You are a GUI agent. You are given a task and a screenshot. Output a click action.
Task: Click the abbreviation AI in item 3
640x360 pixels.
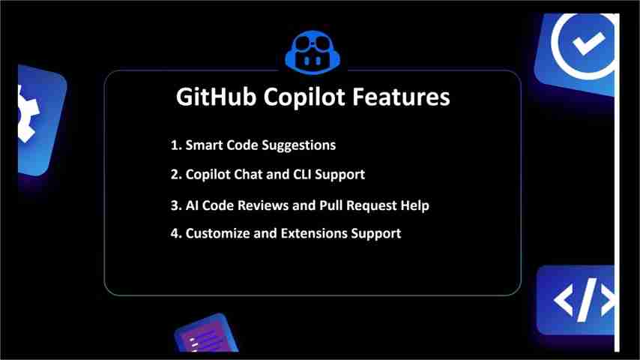point(193,205)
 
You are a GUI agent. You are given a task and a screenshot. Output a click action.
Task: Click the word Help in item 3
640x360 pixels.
point(414,205)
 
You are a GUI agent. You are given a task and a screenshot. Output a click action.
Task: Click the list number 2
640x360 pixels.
point(175,174)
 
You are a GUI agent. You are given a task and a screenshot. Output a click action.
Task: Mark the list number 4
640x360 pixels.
point(175,233)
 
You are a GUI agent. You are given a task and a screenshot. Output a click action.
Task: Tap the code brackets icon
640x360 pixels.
point(582,300)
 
